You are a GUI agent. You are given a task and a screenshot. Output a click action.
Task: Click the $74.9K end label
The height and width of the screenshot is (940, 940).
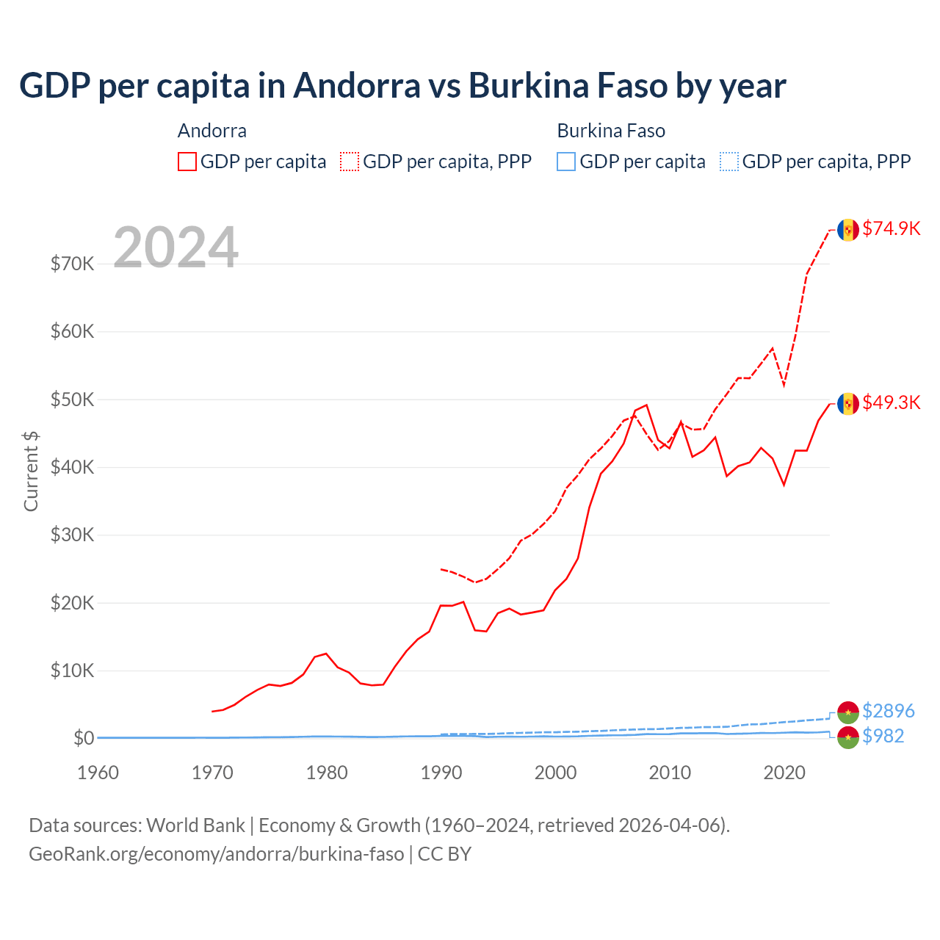click(891, 228)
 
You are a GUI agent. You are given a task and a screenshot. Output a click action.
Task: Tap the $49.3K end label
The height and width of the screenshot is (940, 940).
click(891, 402)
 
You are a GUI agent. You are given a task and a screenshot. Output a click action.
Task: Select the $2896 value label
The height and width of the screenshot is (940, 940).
click(888, 711)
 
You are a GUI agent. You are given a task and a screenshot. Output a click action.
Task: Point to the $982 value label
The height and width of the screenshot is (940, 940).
click(883, 736)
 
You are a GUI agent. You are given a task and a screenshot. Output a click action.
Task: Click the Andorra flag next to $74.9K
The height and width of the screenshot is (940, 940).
click(848, 230)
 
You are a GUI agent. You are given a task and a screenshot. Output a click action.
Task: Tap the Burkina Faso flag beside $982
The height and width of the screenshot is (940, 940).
click(848, 737)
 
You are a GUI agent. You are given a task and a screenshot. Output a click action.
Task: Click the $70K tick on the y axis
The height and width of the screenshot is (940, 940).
click(73, 264)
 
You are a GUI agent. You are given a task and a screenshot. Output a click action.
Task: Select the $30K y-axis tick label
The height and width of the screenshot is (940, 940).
click(73, 535)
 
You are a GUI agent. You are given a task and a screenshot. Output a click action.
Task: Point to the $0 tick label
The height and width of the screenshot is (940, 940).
click(84, 738)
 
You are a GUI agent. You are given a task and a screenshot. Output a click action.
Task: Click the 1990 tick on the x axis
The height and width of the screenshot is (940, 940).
click(441, 773)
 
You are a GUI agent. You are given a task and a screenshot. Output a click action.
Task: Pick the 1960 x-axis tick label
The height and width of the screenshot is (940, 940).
click(98, 773)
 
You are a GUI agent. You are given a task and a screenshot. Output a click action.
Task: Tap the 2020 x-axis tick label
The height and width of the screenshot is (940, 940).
click(784, 773)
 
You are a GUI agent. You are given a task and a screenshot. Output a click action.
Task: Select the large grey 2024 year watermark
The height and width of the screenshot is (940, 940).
click(176, 247)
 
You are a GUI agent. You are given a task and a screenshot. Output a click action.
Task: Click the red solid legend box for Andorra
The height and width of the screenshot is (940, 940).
click(187, 162)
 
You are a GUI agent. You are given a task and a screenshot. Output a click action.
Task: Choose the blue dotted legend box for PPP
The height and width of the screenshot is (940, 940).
click(729, 162)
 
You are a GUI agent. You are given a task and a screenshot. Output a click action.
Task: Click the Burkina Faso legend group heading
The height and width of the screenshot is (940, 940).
click(611, 131)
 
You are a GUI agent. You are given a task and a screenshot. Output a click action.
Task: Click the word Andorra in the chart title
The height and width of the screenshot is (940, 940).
click(356, 85)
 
